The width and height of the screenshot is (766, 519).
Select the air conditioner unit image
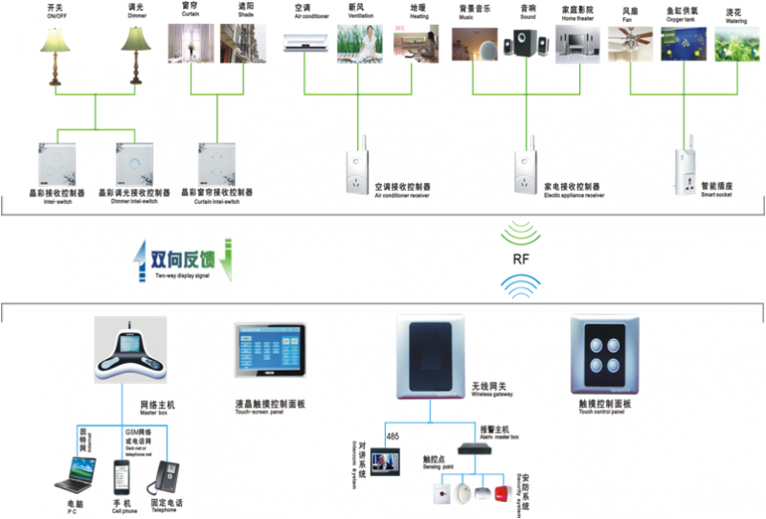[x=306, y=43]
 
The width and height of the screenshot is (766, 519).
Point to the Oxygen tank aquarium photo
[x=684, y=44]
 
